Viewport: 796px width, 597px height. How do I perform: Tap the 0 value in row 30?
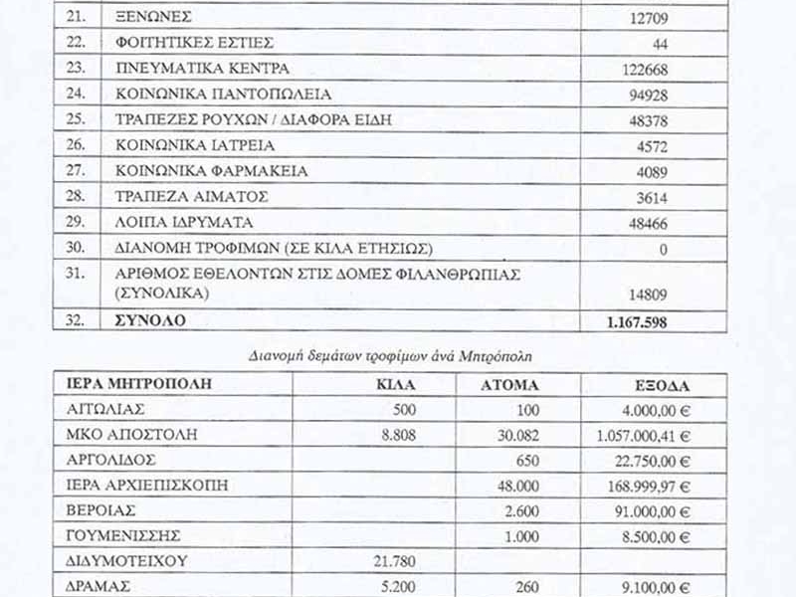point(663,249)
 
